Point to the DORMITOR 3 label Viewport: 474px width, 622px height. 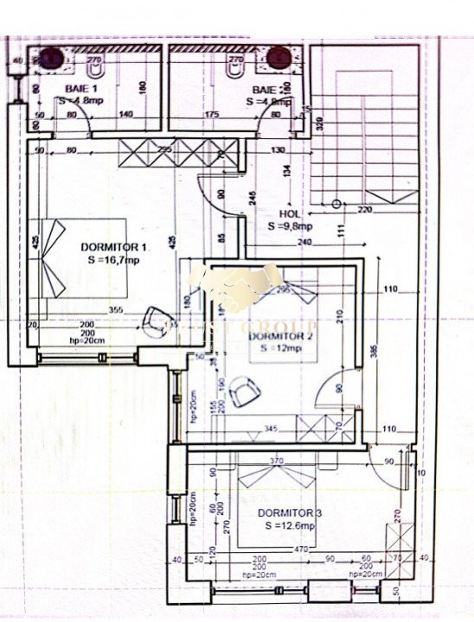[286, 513]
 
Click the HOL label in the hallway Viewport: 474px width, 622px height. [289, 214]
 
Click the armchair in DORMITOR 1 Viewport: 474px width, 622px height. [157, 317]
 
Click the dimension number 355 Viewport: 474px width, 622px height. [116, 309]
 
